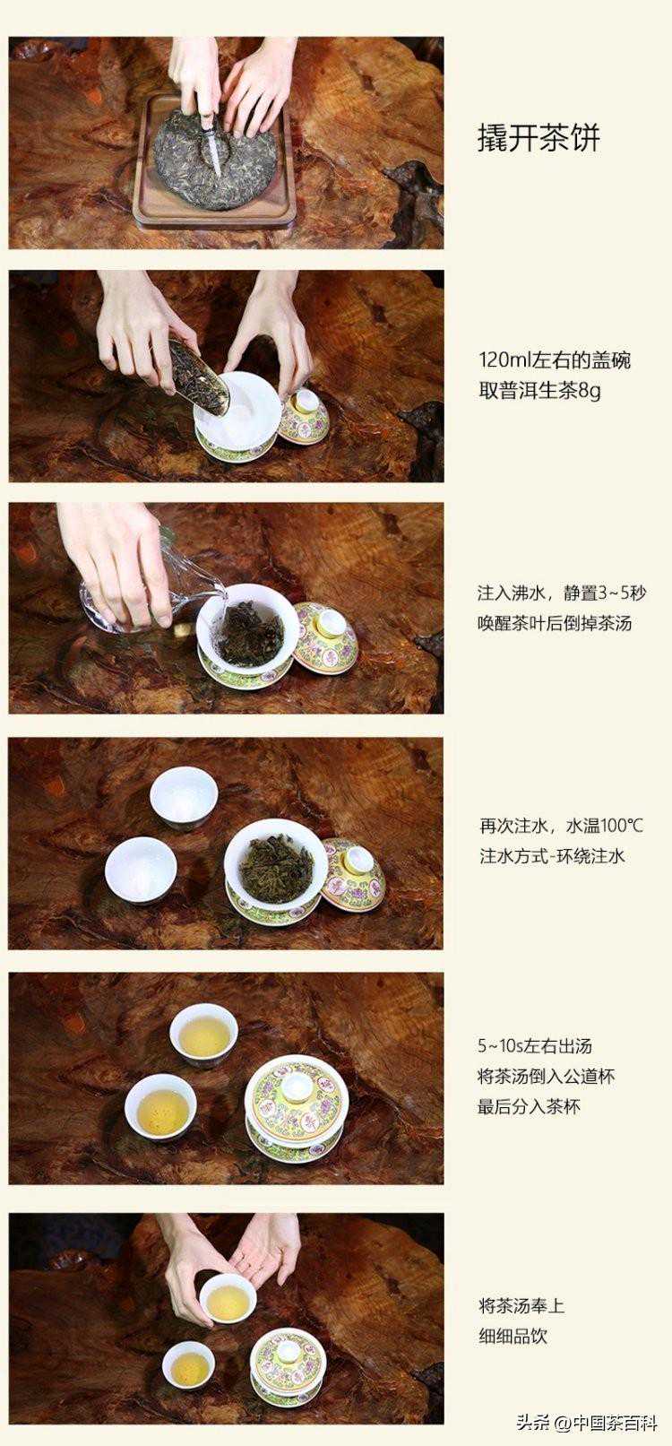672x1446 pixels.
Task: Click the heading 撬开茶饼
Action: (538, 138)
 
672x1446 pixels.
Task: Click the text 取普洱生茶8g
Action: (539, 391)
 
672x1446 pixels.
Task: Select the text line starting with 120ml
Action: (554, 359)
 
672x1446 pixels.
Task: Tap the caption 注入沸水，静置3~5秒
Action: (561, 593)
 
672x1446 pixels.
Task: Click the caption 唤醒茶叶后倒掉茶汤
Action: (555, 623)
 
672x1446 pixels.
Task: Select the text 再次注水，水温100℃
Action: (561, 826)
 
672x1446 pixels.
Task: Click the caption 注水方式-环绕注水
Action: (552, 856)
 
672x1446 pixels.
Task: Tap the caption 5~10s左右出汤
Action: (535, 1046)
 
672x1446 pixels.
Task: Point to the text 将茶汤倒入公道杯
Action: (546, 1076)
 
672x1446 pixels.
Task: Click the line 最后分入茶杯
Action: (529, 1106)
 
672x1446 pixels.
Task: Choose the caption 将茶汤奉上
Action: (521, 1288)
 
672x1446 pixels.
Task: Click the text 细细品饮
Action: (513, 1318)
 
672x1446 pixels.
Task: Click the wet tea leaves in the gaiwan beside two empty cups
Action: (269, 860)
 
